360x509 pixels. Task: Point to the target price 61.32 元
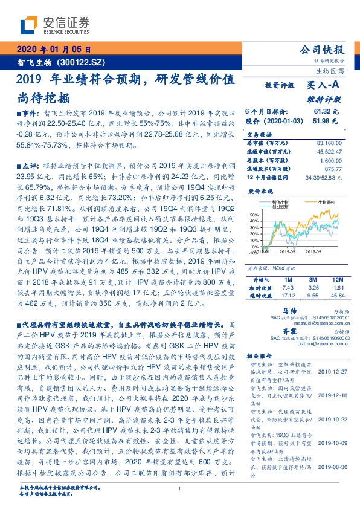330,112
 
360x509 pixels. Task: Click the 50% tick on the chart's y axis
254,215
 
